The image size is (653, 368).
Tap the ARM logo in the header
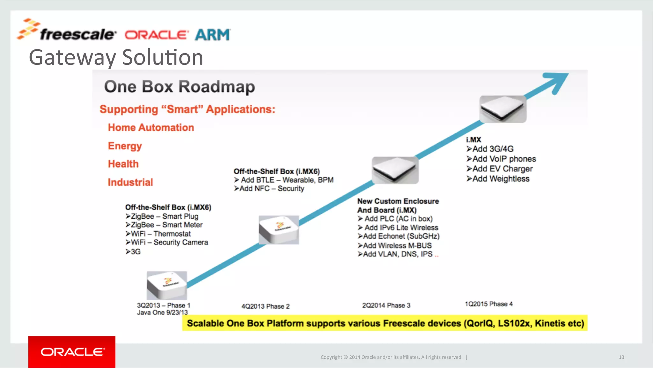click(x=212, y=35)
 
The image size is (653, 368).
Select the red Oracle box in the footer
click(x=72, y=351)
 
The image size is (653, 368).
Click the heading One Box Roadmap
click(x=180, y=86)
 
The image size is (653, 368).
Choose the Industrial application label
click(x=130, y=182)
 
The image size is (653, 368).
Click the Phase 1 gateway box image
click(x=167, y=285)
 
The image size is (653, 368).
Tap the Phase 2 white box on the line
click(x=279, y=229)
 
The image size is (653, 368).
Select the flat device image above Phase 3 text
click(x=395, y=170)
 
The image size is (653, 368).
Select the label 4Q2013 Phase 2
click(x=265, y=306)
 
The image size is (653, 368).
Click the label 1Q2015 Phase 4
click(x=488, y=304)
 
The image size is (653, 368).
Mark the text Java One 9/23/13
click(x=162, y=312)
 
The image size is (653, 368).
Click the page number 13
click(x=621, y=357)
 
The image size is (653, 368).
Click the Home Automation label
click(x=151, y=128)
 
